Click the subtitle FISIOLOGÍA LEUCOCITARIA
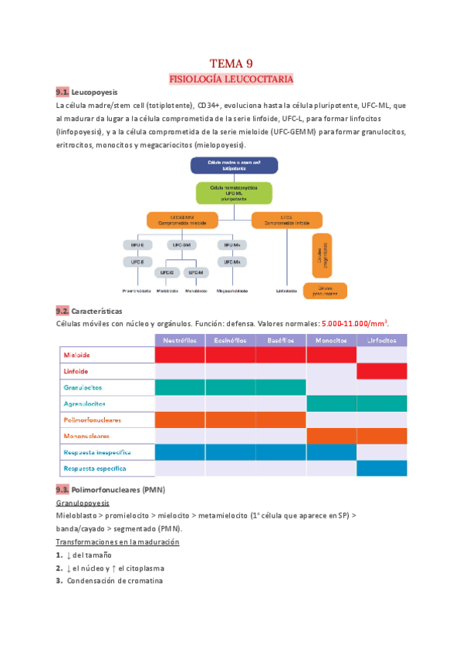coord(231,79)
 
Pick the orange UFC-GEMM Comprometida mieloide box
coord(179,220)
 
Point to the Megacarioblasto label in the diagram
coord(232,292)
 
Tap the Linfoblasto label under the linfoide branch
coord(287,292)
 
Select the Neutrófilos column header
coord(180,340)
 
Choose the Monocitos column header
coord(331,340)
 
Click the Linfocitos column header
coord(382,340)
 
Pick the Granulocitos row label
coord(83,387)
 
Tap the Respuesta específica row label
coord(94,468)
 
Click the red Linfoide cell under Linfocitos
coord(382,371)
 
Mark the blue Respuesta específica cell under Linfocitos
coord(382,468)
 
